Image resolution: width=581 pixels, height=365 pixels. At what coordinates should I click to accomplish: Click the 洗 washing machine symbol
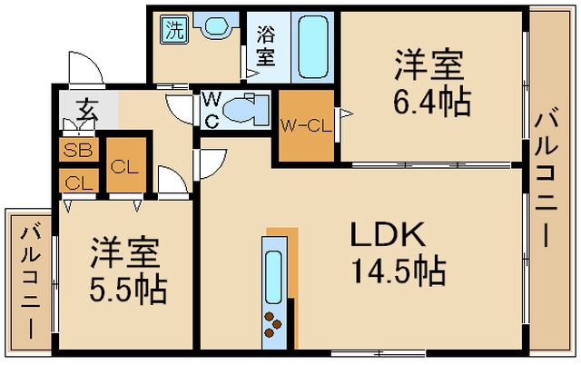pyautogui.click(x=174, y=30)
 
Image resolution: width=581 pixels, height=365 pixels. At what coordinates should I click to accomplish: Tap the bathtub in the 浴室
pyautogui.click(x=313, y=47)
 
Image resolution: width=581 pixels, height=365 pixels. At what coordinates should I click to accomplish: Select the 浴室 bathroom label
pyautogui.click(x=266, y=46)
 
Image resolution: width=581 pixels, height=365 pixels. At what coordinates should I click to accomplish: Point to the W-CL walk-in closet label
pyautogui.click(x=305, y=126)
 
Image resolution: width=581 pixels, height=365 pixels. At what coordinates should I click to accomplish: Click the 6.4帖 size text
pyautogui.click(x=432, y=101)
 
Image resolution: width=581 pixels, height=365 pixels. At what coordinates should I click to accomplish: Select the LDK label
pyautogui.click(x=388, y=234)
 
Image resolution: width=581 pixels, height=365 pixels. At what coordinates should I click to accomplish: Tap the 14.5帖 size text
pyautogui.click(x=399, y=270)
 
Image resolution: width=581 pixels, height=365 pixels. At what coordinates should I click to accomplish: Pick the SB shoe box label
pyautogui.click(x=78, y=150)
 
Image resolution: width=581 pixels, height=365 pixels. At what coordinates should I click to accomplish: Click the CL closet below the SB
pyautogui.click(x=79, y=182)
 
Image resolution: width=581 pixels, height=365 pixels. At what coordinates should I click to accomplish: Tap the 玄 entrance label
pyautogui.click(x=88, y=110)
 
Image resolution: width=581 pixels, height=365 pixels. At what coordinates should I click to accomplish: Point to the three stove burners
pyautogui.click(x=272, y=324)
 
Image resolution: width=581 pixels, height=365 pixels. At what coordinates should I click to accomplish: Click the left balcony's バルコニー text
pyautogui.click(x=30, y=281)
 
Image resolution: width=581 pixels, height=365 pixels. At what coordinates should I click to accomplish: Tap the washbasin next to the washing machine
pyautogui.click(x=216, y=25)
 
